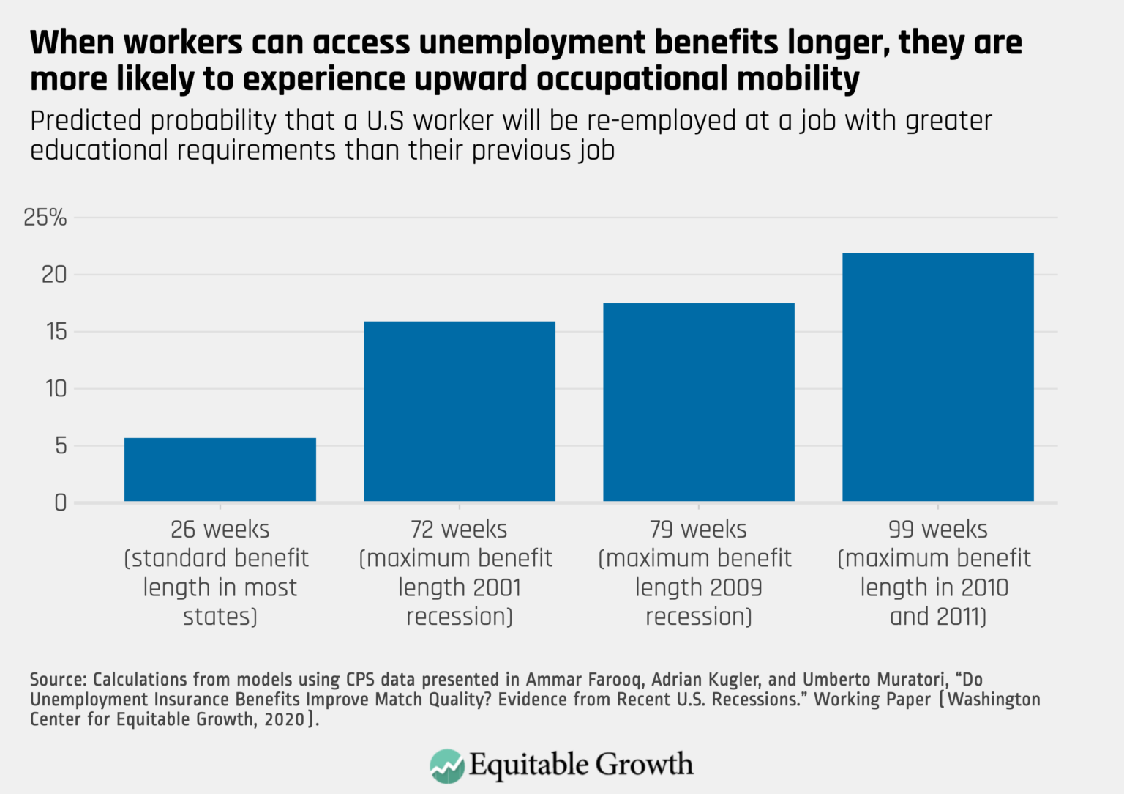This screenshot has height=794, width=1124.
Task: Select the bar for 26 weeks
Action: tap(220, 470)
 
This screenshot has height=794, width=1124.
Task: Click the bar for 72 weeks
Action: tap(460, 411)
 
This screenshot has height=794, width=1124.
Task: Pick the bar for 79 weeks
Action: tap(699, 402)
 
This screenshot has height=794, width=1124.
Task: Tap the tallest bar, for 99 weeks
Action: tap(938, 377)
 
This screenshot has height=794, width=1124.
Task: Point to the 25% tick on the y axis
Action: tap(45, 218)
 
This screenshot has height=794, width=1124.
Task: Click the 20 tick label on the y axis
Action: tap(54, 275)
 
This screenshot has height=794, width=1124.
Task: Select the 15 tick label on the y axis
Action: tap(56, 332)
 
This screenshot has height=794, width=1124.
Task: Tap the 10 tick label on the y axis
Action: tap(56, 389)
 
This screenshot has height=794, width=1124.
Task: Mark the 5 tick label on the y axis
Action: tap(61, 446)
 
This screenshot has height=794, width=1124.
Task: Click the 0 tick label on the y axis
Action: tap(61, 503)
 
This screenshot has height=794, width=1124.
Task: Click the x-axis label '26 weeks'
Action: tap(220, 529)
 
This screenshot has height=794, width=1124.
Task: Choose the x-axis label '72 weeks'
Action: tap(459, 529)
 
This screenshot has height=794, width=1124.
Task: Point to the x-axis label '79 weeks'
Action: tap(698, 529)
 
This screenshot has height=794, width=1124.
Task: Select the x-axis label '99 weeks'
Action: tap(937, 529)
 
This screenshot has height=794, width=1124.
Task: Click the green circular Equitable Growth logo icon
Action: tap(446, 766)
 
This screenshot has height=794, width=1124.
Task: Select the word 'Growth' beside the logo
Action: tap(643, 765)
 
